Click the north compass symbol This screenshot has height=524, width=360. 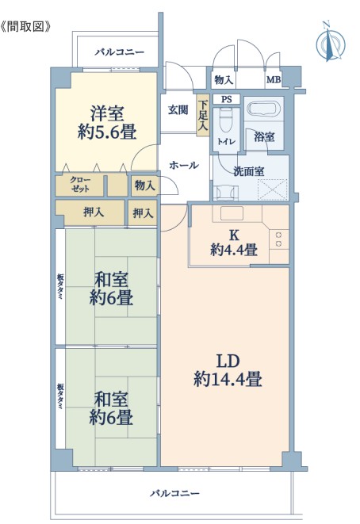click(x=331, y=42)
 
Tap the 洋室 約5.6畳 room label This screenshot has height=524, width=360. click(x=107, y=123)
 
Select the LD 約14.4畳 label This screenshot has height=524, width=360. click(x=228, y=370)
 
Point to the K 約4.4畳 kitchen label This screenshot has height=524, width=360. click(x=234, y=243)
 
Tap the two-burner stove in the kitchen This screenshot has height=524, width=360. click(x=279, y=239)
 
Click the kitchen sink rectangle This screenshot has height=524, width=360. click(x=232, y=213)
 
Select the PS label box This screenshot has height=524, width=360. click(x=226, y=99)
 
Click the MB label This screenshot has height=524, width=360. click(x=274, y=80)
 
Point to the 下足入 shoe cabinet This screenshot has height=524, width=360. click(x=202, y=115)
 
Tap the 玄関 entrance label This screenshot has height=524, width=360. click(x=178, y=109)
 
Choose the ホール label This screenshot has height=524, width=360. click(x=184, y=165)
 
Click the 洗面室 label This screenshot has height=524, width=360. click(x=248, y=171)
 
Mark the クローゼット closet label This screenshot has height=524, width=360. click(x=80, y=185)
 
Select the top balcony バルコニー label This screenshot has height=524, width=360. click(x=119, y=52)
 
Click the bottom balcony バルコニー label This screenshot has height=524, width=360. click(x=174, y=493)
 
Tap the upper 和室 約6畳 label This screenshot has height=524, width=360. click(x=111, y=289)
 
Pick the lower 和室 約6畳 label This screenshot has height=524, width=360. click(x=111, y=408)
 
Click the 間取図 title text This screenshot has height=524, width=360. click(x=25, y=27)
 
